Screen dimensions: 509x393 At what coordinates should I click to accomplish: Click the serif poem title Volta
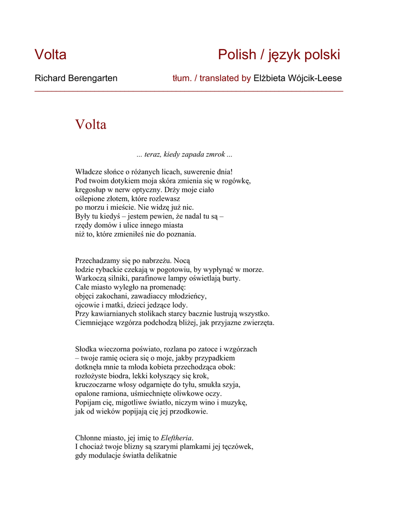coord(90,124)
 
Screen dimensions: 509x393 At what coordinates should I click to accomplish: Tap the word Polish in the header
coord(236,55)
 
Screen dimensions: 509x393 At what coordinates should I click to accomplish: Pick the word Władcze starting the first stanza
coord(88,171)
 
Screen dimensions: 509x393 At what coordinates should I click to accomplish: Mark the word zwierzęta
coord(258,323)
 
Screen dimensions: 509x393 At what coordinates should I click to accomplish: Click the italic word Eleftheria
coord(176,438)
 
